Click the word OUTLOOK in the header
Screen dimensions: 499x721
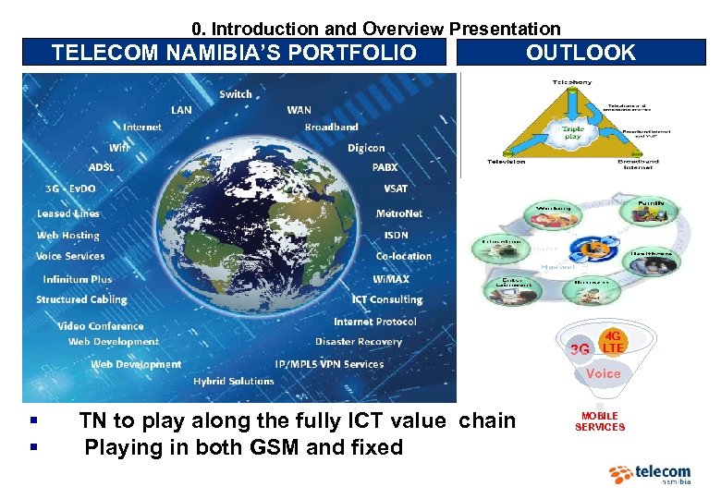[x=580, y=53]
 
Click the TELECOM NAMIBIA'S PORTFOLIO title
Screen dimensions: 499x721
[x=234, y=53]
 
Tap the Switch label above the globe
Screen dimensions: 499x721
[x=236, y=94]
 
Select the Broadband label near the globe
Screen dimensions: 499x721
[x=331, y=127]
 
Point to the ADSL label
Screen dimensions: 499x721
[x=101, y=167]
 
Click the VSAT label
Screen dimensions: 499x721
[x=395, y=189]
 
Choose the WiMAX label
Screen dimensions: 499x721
[x=391, y=278]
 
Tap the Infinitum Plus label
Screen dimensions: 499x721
[x=78, y=279]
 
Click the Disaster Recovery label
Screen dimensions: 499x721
[x=359, y=342]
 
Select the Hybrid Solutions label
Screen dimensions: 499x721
[x=233, y=381]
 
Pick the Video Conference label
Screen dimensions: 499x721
[x=101, y=326]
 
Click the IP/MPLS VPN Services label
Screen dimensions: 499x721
[x=329, y=364]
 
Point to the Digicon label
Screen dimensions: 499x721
[x=366, y=148]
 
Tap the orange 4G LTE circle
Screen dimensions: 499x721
[x=613, y=341]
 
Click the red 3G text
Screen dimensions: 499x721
[x=580, y=350]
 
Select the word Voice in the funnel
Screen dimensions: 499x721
[x=603, y=373]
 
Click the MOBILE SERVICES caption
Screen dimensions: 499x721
[x=600, y=421]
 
